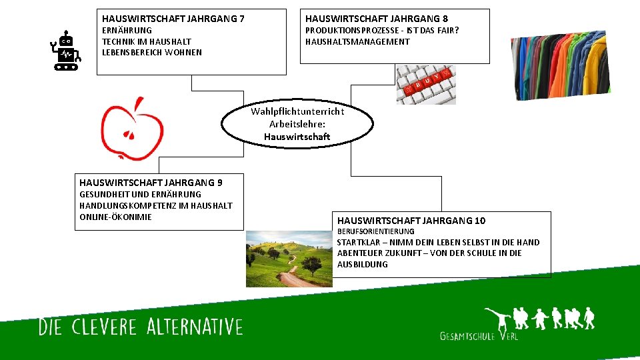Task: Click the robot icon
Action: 66,50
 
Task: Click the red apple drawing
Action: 132,129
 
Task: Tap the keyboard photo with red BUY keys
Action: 426,85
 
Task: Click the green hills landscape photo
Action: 289,259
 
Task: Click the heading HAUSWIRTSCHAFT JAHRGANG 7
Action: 173,19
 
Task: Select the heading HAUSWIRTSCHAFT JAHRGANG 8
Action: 377,19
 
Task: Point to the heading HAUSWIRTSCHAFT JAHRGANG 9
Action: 151,183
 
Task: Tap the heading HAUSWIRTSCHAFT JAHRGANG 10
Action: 411,221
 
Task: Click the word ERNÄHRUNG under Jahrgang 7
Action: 127,31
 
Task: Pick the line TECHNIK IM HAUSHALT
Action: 146,41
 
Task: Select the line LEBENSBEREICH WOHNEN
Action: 151,53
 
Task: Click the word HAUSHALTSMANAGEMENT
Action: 357,41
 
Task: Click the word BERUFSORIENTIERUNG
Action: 375,231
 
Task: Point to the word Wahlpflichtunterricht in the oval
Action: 297,111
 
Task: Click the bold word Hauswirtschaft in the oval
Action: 297,137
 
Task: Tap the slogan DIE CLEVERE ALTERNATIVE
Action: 141,327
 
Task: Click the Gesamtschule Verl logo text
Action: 479,336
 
